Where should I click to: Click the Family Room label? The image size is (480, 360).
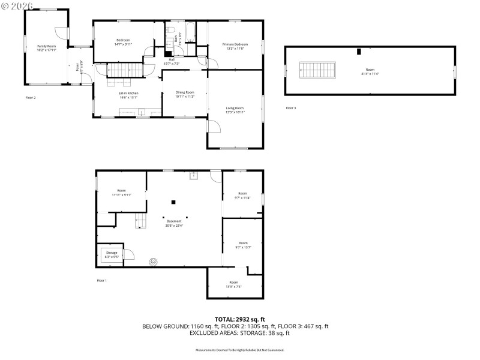coord(46,46)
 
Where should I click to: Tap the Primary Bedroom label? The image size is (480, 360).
coord(235,44)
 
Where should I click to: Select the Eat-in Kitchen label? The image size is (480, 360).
coord(128,93)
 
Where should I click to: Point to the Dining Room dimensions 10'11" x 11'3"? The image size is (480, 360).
coord(185,96)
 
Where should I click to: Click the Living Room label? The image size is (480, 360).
coord(235,108)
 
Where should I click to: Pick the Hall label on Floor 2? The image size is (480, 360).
coord(172,59)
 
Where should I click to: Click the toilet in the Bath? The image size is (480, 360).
coord(171,30)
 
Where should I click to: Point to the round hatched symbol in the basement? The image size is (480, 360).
coord(154,262)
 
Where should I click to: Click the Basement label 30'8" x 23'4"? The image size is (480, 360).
coord(174,223)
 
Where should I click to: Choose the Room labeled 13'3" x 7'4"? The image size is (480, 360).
coord(233,284)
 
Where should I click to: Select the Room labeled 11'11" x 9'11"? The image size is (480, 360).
coord(121,193)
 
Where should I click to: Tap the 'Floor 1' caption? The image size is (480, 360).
coord(101,280)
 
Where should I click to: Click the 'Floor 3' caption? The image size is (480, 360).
coord(291,107)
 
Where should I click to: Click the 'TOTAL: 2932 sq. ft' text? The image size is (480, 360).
coord(240,319)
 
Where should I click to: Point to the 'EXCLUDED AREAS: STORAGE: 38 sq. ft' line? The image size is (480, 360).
coord(240,332)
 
